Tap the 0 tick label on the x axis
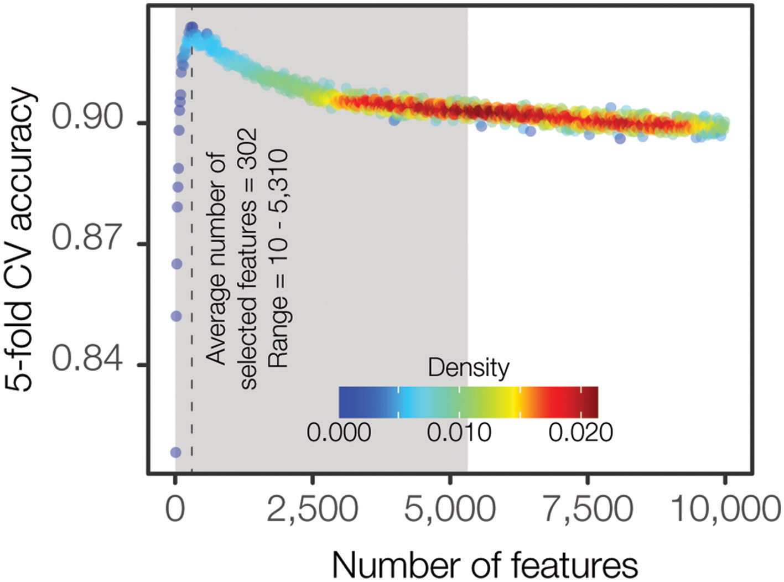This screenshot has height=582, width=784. click(175, 508)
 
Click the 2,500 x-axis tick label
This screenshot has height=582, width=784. click(312, 508)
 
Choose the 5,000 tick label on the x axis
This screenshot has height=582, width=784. click(449, 508)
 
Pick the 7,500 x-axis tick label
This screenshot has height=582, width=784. click(587, 508)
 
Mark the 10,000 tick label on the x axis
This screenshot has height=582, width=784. click(725, 508)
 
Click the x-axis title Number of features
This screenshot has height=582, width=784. click(485, 564)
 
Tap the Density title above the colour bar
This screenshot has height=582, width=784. click(468, 368)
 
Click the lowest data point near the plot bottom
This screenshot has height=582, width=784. click(175, 453)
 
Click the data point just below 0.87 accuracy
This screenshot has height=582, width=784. click(176, 264)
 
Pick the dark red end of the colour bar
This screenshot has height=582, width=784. click(592, 402)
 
